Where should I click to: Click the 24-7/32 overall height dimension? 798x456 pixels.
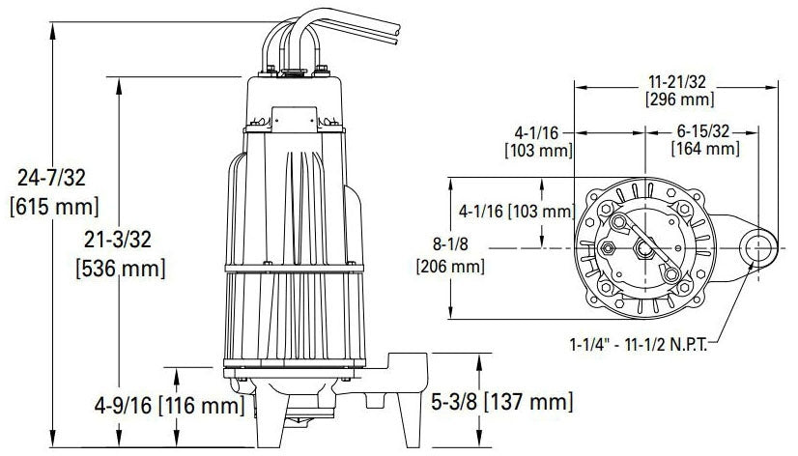pos(51,178)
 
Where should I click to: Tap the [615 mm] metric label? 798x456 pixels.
pos(54,207)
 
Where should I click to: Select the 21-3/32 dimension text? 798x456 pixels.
pos(118,240)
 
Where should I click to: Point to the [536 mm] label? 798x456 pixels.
pos(121,269)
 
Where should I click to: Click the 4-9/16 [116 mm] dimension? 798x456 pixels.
pos(169,406)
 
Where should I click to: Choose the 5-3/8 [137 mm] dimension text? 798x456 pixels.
pos(501,402)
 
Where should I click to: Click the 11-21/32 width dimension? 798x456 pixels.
pos(677,82)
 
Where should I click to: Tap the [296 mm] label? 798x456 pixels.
pos(679,100)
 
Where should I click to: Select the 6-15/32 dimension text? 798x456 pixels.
pos(702,131)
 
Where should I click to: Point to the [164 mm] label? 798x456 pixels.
pos(705,149)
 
